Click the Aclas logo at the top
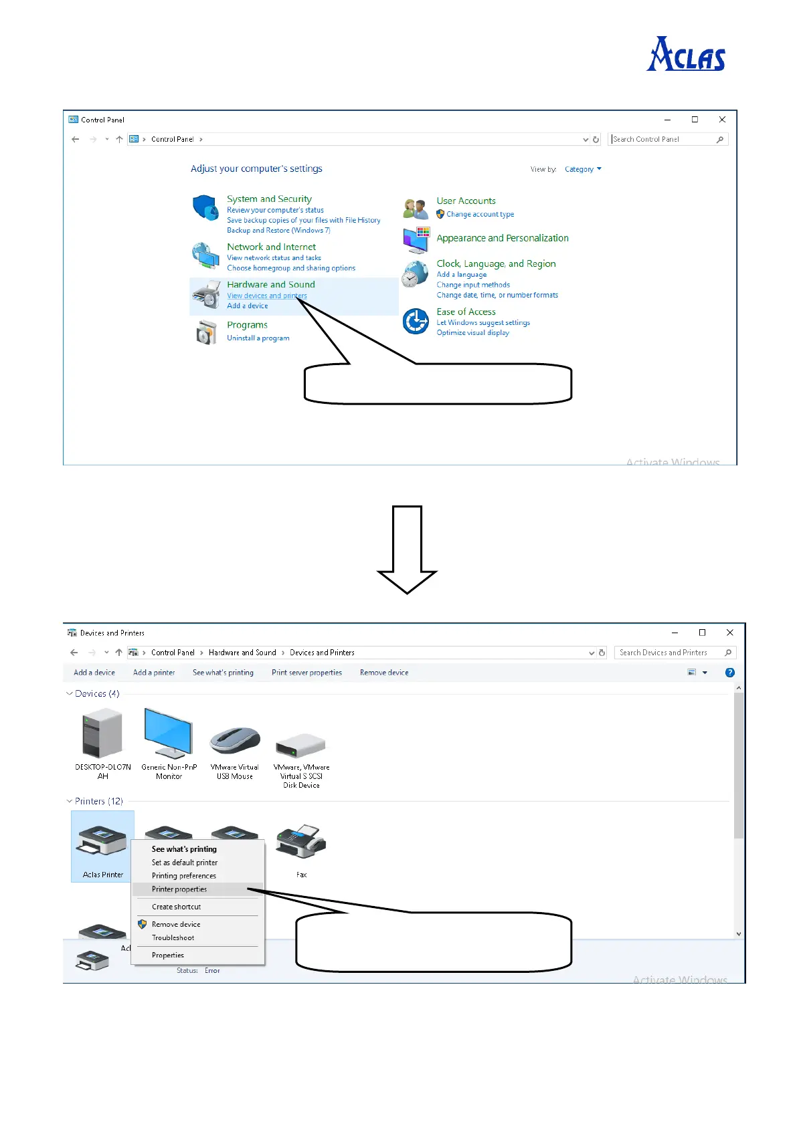686,54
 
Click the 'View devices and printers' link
266,296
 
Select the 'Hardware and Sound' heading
270,284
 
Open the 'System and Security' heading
269,199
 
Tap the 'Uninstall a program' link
258,338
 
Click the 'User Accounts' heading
466,201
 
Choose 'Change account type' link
480,215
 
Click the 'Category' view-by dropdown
582,169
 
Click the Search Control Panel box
662,139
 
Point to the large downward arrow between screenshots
407,549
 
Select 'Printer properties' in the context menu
179,889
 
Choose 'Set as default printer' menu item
185,863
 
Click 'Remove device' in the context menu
176,924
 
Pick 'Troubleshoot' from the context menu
173,937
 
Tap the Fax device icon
302,842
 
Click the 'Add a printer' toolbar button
154,673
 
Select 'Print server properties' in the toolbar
306,673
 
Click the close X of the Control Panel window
722,120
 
